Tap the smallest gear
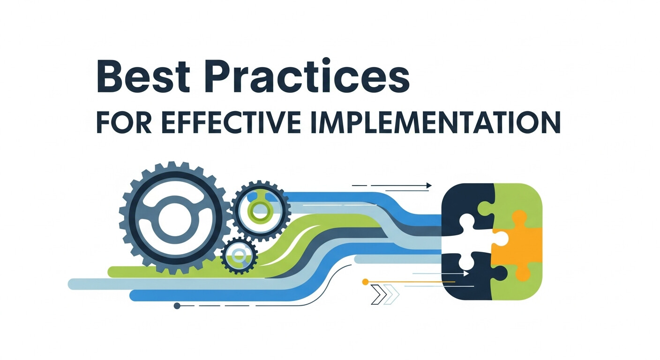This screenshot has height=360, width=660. pos(239,255)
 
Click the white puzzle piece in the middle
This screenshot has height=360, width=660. pos(473,239)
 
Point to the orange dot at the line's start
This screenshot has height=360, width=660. pos(365,282)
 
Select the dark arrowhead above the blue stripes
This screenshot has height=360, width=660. pos(428,186)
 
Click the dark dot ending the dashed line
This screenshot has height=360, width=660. pos(177,306)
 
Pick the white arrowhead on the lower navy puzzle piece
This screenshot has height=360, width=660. pos(466,273)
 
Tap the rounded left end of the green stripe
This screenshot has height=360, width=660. pos(112,271)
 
